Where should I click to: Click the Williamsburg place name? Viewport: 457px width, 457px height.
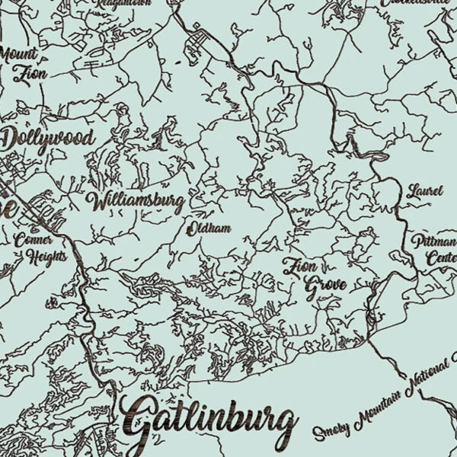point(136,202)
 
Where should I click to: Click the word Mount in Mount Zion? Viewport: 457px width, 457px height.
point(18,55)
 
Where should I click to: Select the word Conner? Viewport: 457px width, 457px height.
point(35,238)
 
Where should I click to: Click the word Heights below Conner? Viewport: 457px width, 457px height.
point(47,256)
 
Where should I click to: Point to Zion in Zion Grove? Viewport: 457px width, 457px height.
point(300,267)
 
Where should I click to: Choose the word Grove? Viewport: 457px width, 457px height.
point(325,286)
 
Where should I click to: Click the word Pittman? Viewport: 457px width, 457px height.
point(434,242)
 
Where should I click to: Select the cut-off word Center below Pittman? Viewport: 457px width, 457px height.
point(441,259)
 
